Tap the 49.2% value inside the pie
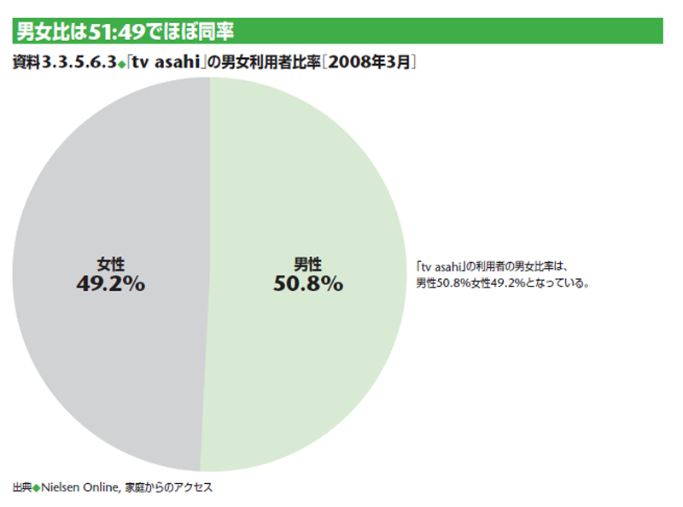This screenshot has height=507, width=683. click(110, 283)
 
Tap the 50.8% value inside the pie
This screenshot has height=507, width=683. click(308, 283)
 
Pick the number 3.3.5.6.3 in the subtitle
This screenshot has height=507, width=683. click(83, 62)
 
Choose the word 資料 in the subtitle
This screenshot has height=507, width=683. click(27, 62)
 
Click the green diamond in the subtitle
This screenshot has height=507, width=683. click(120, 63)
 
